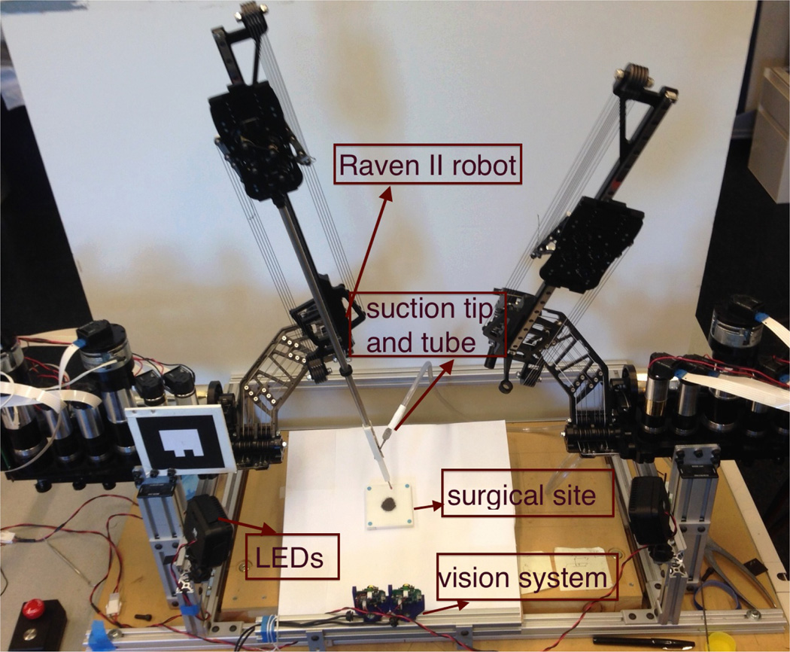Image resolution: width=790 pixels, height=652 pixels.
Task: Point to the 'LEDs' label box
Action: click(293, 558)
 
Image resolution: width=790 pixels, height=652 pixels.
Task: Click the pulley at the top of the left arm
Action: click(250, 15)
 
